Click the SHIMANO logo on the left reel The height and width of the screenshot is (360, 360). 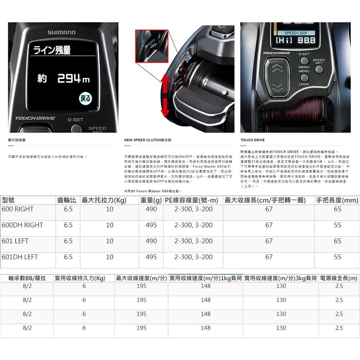click(x=62, y=32)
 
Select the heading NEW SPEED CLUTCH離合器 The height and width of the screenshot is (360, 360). click(x=147, y=140)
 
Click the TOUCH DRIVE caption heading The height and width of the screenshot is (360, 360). click(x=252, y=140)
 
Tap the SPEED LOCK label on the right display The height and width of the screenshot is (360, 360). click(x=296, y=33)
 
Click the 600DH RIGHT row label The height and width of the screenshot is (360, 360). click(x=22, y=225)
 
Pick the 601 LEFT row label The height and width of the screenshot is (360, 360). click(x=15, y=241)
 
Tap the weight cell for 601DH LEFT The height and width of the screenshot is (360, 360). click(x=151, y=257)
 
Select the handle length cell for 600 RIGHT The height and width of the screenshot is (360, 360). click(x=337, y=209)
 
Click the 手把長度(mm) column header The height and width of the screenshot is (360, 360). click(x=337, y=201)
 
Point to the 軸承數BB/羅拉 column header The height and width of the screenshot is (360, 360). click(x=27, y=278)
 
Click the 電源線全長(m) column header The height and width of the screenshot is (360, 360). click(x=339, y=278)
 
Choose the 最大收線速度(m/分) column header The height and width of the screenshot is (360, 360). click(x=141, y=278)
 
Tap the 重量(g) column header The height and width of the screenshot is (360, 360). click(x=151, y=201)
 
